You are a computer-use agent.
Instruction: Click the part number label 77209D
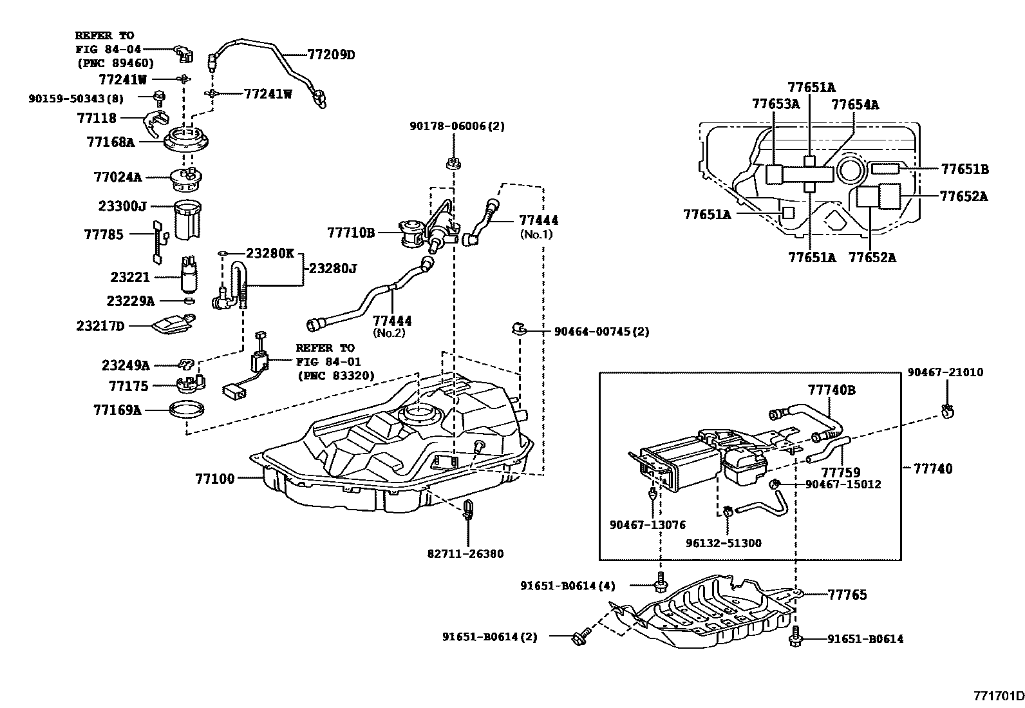[330, 55]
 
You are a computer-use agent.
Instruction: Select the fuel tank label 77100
[215, 479]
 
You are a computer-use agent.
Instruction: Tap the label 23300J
[122, 206]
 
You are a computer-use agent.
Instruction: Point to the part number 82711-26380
[465, 554]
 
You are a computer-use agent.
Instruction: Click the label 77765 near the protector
[847, 595]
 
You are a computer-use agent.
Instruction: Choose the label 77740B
[832, 390]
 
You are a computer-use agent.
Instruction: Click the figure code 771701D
[998, 696]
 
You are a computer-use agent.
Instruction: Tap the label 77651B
[964, 169]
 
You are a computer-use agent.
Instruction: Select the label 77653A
[776, 104]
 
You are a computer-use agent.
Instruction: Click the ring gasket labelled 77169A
[187, 408]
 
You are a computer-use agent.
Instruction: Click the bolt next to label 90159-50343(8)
[158, 98]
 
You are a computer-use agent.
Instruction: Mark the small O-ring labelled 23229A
[188, 300]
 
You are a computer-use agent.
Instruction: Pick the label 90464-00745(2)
[601, 332]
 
